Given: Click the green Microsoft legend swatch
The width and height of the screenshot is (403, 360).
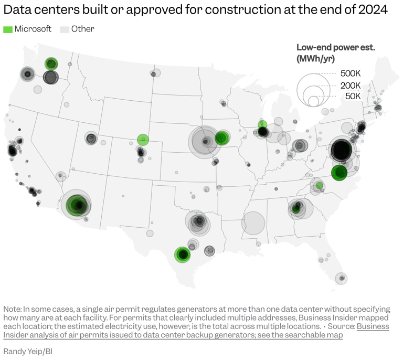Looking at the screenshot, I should pyautogui.click(x=8, y=29).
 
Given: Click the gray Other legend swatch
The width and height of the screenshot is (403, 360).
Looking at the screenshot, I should pyautogui.click(x=65, y=29).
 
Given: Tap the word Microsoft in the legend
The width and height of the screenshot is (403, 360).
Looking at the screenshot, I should pyautogui.click(x=33, y=29).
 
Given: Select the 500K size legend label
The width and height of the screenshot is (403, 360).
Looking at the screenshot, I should pyautogui.click(x=350, y=73).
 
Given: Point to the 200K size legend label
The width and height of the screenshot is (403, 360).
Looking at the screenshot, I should pyautogui.click(x=350, y=86).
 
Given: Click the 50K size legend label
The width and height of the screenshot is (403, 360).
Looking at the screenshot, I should pyautogui.click(x=353, y=96).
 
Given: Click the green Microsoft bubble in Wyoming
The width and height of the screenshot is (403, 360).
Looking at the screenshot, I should pyautogui.click(x=143, y=140).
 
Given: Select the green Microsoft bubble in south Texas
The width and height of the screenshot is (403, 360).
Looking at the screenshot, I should pyautogui.click(x=183, y=255).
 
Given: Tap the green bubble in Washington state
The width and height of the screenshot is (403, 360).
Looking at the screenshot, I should pyautogui.click(x=51, y=64).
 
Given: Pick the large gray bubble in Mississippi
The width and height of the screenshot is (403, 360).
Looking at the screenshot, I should pyautogui.click(x=253, y=223).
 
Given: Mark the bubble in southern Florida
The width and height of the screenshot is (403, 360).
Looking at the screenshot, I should pyautogui.click(x=342, y=278).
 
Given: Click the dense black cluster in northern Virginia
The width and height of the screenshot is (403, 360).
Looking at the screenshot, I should pyautogui.click(x=342, y=151).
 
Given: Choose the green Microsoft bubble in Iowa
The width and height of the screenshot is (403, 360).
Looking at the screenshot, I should pyautogui.click(x=221, y=138).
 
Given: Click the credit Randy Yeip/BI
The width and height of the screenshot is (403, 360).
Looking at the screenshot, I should pyautogui.click(x=28, y=351).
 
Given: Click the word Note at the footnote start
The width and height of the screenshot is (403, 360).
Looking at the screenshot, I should pyautogui.click(x=12, y=309).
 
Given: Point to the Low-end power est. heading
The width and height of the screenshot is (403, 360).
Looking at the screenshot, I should pyautogui.click(x=336, y=48).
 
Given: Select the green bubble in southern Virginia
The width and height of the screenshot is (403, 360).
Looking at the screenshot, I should pyautogui.click(x=340, y=172).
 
